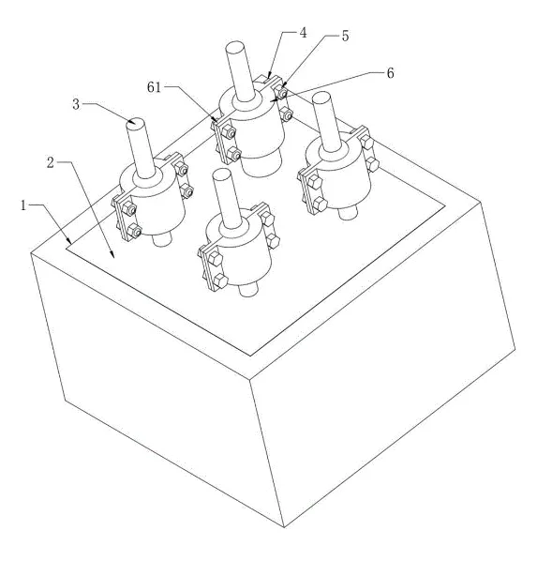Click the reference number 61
(154, 87)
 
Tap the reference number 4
(303, 33)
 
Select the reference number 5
(345, 36)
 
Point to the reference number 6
(391, 73)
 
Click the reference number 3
(76, 105)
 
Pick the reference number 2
(51, 163)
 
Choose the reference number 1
(23, 205)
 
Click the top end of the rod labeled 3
(136, 122)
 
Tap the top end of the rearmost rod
(234, 47)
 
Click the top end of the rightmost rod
(321, 97)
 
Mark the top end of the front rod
(221, 174)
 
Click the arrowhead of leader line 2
(112, 255)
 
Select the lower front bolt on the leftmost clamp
(134, 230)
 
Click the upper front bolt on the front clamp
(215, 258)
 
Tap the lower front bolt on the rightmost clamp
(320, 205)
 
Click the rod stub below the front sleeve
(248, 290)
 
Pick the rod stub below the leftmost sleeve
(163, 239)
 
